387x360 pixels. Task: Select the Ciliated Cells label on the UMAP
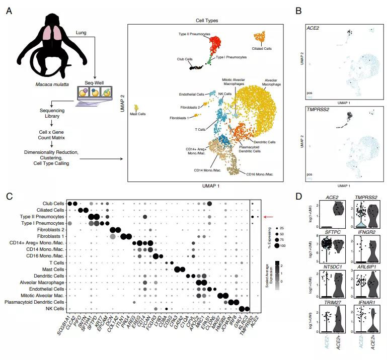click(262, 48)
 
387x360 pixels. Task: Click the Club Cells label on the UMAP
click(185, 59)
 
